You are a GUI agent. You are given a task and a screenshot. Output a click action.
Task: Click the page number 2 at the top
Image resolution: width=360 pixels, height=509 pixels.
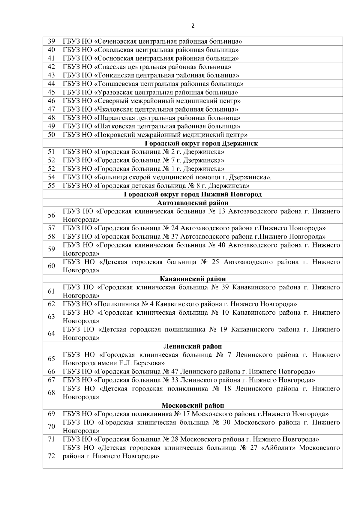click(x=193, y=26)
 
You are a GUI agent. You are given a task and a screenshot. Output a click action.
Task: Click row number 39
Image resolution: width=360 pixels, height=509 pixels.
click(x=51, y=41)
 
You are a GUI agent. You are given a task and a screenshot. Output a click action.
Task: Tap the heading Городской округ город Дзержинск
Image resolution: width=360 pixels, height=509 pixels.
click(x=201, y=143)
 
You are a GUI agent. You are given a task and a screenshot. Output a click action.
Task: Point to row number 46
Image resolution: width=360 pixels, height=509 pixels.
click(x=51, y=101)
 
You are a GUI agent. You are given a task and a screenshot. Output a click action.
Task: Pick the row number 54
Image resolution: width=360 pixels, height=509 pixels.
click(x=51, y=177)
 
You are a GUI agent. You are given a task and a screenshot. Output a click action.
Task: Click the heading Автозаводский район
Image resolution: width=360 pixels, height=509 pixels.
click(x=193, y=203)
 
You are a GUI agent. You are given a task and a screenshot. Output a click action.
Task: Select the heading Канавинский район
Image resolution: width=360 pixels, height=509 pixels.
click(x=193, y=279)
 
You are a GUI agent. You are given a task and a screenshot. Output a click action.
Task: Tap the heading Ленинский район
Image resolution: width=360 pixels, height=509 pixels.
click(x=193, y=346)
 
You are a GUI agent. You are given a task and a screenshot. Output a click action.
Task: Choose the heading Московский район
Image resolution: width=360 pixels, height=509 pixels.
click(x=193, y=406)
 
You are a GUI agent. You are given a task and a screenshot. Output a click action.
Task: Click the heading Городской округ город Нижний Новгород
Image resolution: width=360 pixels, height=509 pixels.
click(x=193, y=194)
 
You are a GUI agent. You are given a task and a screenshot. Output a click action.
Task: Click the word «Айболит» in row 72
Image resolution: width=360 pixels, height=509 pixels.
click(x=278, y=448)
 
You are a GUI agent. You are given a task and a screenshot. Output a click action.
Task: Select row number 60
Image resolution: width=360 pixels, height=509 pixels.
click(x=51, y=266)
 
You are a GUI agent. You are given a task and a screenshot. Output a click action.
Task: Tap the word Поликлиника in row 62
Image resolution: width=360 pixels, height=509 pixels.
click(x=118, y=304)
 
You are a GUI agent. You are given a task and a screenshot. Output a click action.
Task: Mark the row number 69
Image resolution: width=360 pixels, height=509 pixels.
click(x=51, y=414)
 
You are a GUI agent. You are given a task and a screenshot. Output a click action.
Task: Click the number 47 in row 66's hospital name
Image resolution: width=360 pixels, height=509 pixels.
click(x=175, y=372)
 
